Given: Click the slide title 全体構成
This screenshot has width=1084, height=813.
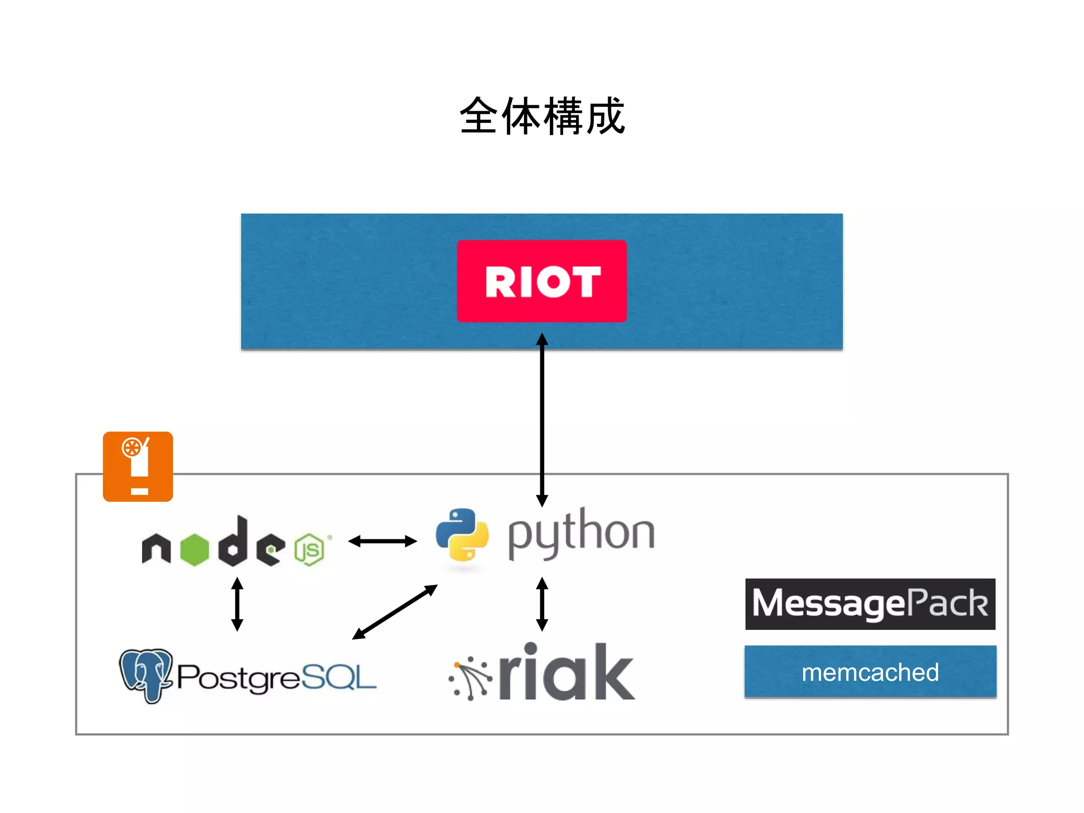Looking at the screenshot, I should tap(542, 116).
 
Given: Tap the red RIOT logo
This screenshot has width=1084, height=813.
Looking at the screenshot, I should tap(541, 281).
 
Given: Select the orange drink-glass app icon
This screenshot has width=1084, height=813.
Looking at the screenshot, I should tap(138, 466).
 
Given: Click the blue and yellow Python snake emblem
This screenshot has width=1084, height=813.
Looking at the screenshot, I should tap(462, 535).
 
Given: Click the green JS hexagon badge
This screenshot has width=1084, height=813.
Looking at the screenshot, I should tap(309, 550).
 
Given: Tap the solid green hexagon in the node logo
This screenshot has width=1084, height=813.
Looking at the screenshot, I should tap(194, 550).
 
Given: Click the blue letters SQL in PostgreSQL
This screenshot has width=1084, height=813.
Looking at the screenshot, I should tap(339, 677).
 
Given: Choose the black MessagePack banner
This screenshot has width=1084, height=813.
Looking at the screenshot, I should tap(870, 604).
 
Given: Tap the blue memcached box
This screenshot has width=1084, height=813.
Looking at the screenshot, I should tap(870, 672).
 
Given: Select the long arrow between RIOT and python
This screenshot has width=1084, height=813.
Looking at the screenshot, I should tap(541, 418).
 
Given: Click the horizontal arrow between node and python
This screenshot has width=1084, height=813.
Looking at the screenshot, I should tap(382, 541).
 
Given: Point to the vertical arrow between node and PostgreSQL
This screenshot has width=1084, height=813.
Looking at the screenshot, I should tap(237, 604).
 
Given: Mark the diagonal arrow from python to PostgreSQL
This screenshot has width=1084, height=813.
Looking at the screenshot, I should tap(395, 612).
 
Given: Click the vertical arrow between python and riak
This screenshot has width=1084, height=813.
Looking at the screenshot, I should tap(541, 604).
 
